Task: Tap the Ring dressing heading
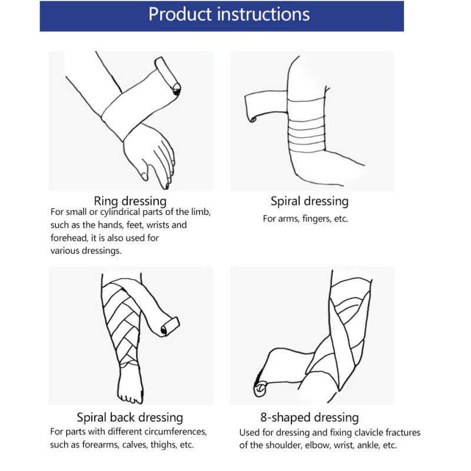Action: point(130,201)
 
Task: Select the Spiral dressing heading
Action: point(310,201)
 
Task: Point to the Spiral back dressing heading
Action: point(130,418)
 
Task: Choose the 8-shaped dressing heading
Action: point(310,418)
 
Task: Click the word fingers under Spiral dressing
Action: point(316,219)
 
